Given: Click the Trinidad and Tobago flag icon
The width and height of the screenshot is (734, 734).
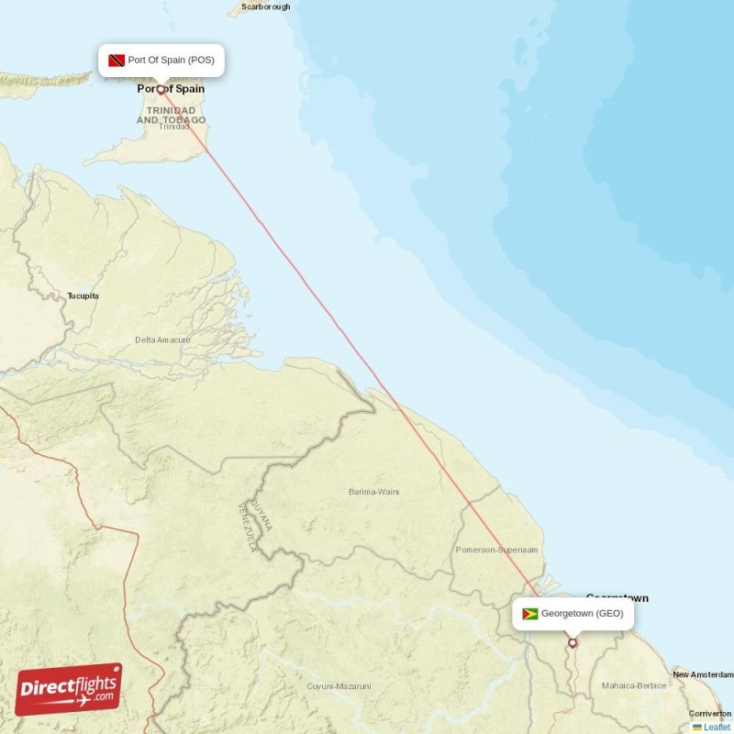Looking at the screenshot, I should coord(116,61).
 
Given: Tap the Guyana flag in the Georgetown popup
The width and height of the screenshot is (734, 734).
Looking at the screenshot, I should coord(529,614).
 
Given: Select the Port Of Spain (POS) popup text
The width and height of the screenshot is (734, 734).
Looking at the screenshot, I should coord(172,61).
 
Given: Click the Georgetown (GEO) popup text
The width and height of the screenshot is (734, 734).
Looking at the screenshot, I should coord(583,614).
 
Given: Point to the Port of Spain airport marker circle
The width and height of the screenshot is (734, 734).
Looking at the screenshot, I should coord(161,90).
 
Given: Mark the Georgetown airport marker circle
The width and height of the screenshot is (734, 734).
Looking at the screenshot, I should coord(573,643).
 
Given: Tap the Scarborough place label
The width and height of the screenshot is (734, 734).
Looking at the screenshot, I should coord(265,6).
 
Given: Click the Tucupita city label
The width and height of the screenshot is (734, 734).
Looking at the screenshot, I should coord(83,296).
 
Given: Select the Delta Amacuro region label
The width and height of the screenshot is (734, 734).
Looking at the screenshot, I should coord(163,340).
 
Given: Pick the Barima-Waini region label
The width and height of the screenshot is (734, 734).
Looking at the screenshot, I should coord(374,493).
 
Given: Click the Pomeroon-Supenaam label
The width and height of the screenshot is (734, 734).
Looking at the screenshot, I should coord(496,550).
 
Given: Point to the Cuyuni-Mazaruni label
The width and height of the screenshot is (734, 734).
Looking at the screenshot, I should coord(339,686).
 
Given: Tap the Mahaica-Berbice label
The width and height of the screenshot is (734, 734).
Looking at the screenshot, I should coord(633,685).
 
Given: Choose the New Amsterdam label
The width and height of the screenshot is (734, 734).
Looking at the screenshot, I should coord(702,675).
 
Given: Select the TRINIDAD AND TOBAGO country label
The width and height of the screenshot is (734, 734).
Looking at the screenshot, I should coord(172,115).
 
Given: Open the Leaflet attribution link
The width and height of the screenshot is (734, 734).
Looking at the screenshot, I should coord(717,727).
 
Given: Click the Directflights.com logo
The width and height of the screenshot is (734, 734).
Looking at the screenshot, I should coord(69,688).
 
